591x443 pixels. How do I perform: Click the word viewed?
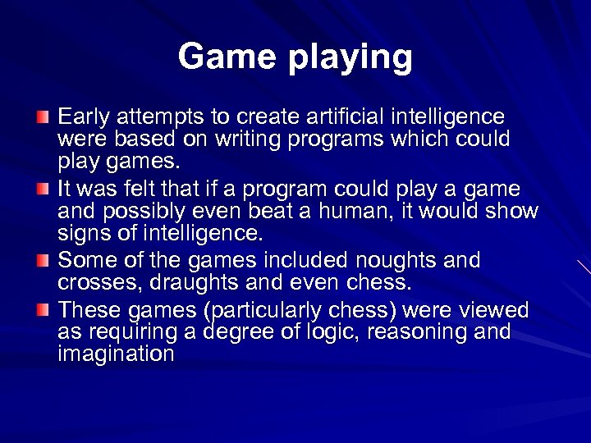click(497, 311)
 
